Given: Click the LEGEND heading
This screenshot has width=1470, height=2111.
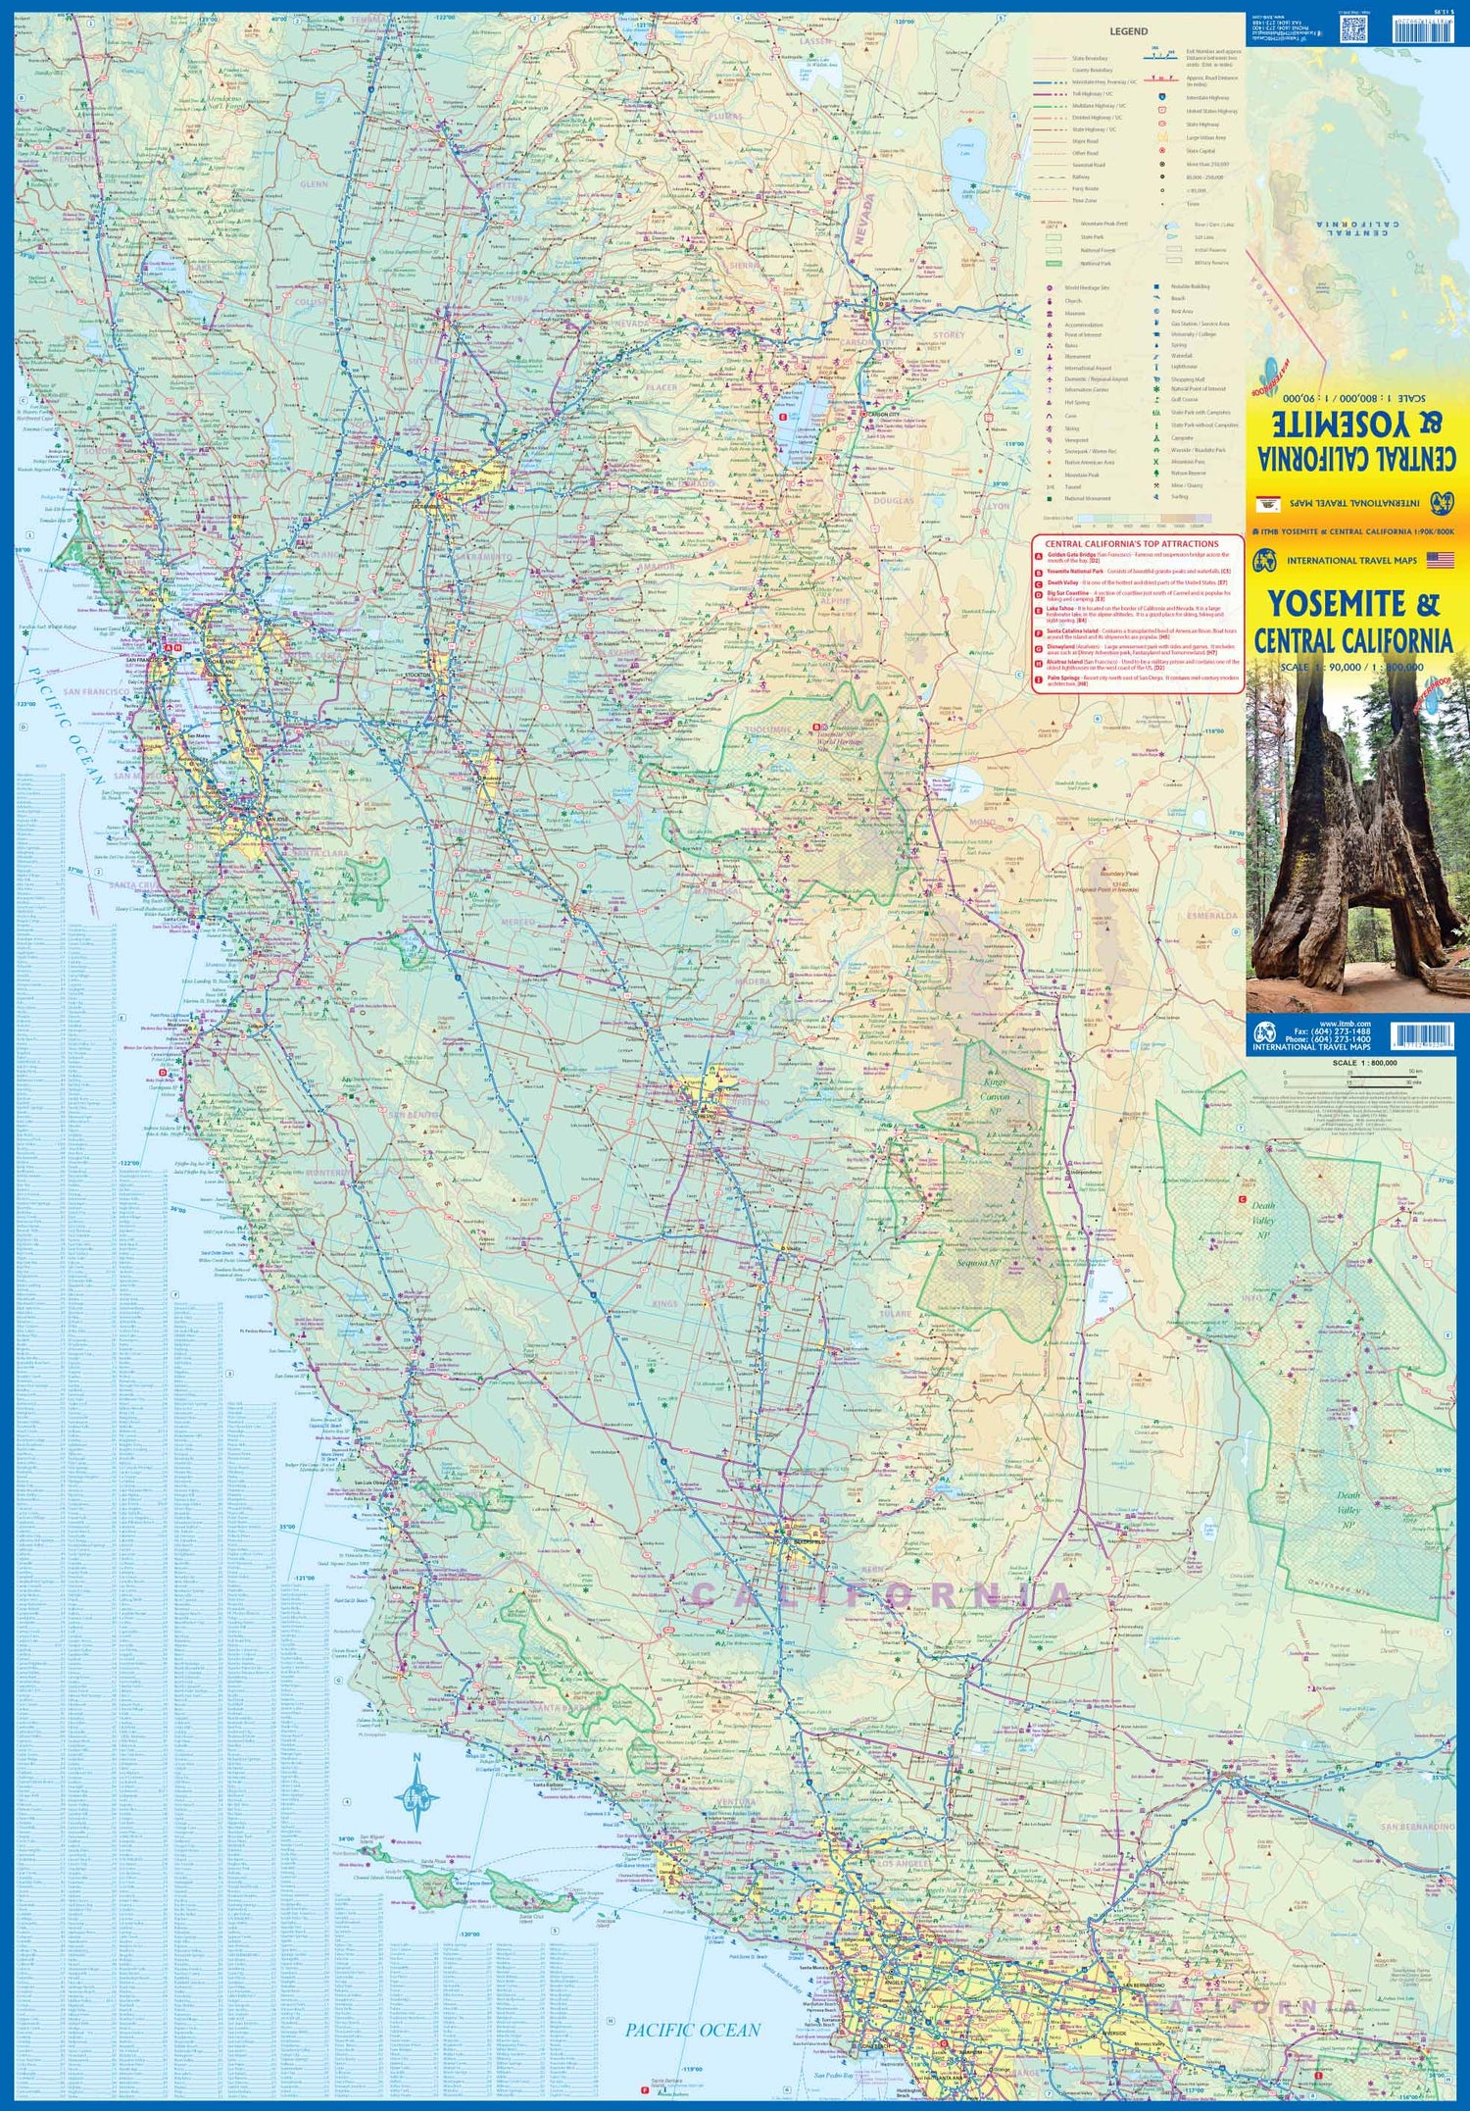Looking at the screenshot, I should [x=1128, y=31].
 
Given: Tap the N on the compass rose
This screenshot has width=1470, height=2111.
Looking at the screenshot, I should [x=416, y=1757].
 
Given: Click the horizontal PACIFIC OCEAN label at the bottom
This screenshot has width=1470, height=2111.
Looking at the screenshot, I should [x=693, y=2030].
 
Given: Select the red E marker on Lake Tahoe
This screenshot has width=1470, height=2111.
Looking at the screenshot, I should [x=781, y=416].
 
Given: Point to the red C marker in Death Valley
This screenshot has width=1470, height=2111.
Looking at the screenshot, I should [x=1242, y=1199].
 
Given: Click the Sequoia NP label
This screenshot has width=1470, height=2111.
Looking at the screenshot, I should [x=978, y=1263].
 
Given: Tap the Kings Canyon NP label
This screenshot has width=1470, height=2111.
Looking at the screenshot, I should [x=995, y=1096].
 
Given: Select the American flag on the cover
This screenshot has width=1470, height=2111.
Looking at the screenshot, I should [x=1440, y=560].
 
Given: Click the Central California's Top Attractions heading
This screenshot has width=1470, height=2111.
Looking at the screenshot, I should [x=1131, y=543].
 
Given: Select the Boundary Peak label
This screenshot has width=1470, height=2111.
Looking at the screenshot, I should [x=1118, y=873].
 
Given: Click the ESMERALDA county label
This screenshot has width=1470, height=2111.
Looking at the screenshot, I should [x=1212, y=915].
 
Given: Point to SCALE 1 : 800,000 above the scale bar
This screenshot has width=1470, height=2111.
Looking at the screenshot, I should [x=1363, y=1063].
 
